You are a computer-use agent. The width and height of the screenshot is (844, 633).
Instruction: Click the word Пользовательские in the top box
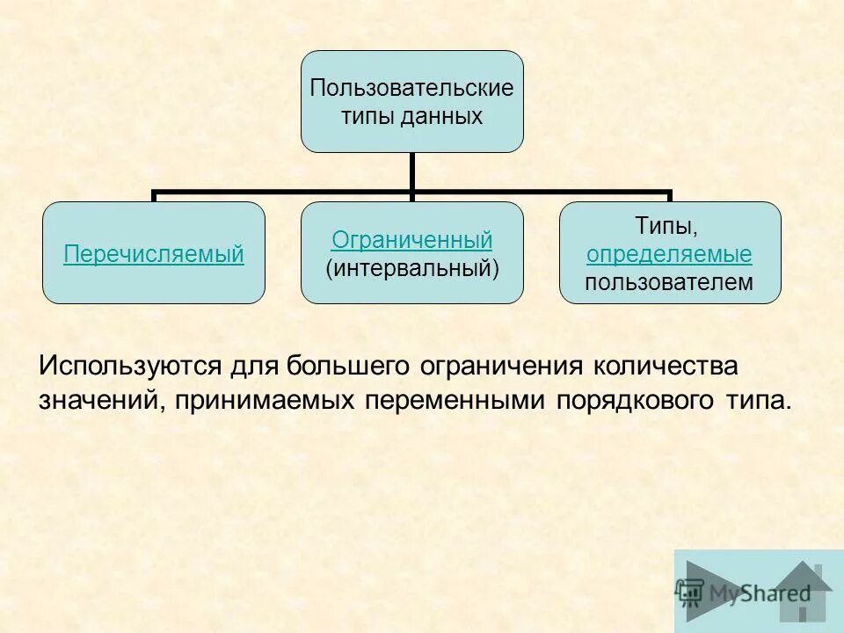411,89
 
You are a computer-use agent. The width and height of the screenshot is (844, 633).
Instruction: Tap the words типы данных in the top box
411,116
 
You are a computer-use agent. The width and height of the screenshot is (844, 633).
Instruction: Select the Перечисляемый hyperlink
154,255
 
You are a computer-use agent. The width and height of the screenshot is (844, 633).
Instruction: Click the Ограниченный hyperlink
411,240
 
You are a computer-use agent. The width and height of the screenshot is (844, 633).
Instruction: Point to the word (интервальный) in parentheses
412,267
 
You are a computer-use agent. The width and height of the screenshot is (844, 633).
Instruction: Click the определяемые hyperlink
669,255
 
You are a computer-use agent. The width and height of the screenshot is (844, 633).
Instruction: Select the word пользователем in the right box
669,282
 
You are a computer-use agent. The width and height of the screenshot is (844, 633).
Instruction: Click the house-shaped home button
801,591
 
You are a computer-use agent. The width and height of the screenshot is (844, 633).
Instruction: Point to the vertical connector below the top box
411,172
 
